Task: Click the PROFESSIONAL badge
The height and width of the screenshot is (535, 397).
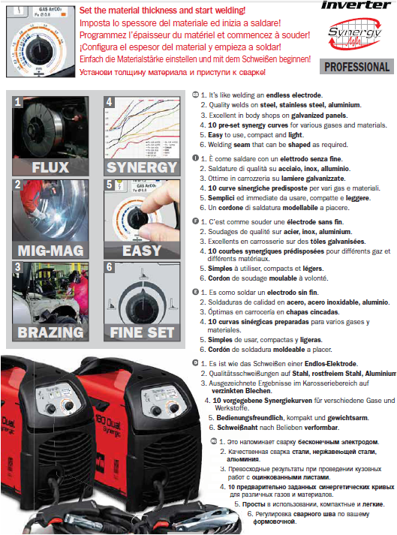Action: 357,67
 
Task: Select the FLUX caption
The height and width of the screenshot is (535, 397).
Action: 50,166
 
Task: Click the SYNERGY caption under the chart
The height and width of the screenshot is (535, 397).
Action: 140,166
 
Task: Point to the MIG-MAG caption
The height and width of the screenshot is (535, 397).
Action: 50,248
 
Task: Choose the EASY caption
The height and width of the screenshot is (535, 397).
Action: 140,248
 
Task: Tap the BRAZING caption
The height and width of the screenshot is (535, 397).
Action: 50,331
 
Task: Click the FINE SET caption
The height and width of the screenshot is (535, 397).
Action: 140,331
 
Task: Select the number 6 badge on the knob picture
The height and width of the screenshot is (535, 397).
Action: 109,266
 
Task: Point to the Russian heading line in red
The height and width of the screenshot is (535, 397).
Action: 171,71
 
